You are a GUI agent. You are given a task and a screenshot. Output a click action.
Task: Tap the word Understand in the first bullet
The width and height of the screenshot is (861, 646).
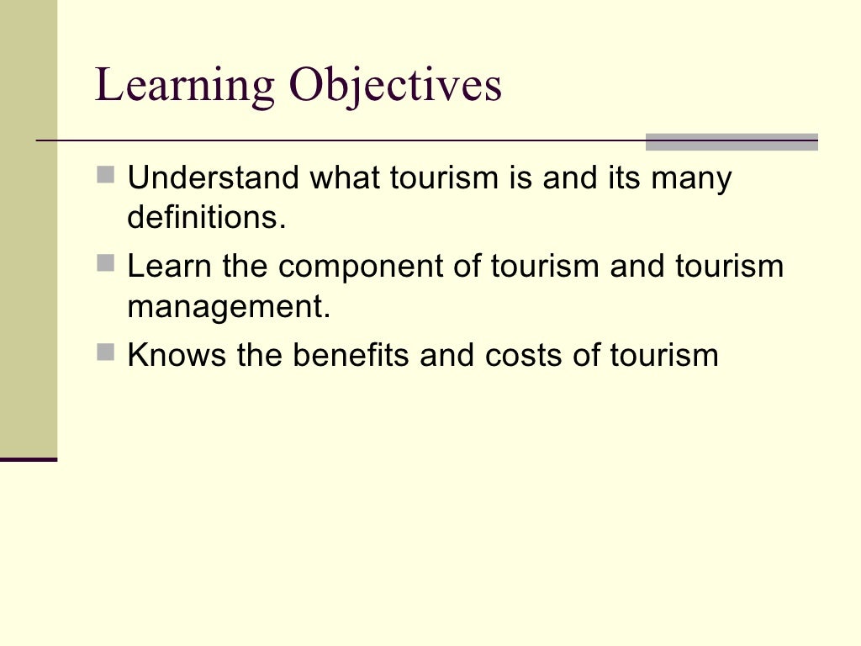[213, 178]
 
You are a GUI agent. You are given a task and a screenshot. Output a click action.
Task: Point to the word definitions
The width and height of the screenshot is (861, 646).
[207, 218]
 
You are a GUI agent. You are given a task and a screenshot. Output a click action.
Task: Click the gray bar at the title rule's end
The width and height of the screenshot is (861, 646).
[732, 142]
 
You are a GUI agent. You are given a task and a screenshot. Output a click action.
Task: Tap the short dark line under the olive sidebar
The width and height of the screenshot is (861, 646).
[29, 459]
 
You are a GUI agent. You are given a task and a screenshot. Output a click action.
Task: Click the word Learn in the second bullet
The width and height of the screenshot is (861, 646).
[170, 267]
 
